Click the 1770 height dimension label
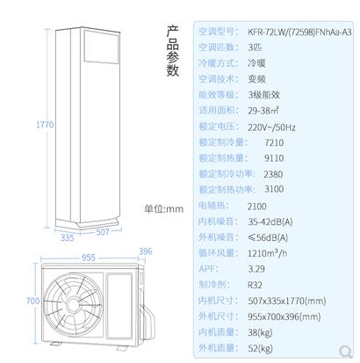(x=45, y=125)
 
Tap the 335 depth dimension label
(x=68, y=237)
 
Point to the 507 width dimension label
(x=103, y=232)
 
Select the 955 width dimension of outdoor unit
(x=89, y=258)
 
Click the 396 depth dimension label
(x=146, y=251)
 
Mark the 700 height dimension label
(x=32, y=301)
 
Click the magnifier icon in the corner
(x=346, y=351)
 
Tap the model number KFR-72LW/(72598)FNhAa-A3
(x=299, y=32)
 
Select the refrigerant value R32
(x=255, y=285)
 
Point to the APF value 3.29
(x=256, y=269)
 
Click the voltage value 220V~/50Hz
(x=271, y=127)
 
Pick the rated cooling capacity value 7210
(x=274, y=142)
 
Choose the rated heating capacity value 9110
(x=274, y=158)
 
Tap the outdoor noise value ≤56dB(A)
(x=268, y=237)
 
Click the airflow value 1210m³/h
(x=267, y=253)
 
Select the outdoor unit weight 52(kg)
(x=260, y=348)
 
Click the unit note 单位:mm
(x=163, y=209)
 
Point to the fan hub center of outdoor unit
(x=73, y=305)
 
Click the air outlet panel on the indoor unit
(x=102, y=47)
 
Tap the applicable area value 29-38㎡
(x=263, y=111)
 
